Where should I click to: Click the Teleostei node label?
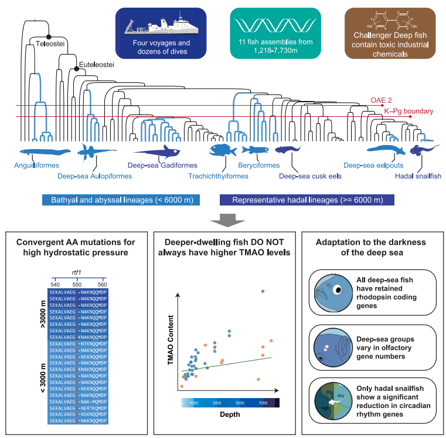click(50, 43)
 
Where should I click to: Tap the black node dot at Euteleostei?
click(76, 69)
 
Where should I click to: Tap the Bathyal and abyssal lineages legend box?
click(122, 200)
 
